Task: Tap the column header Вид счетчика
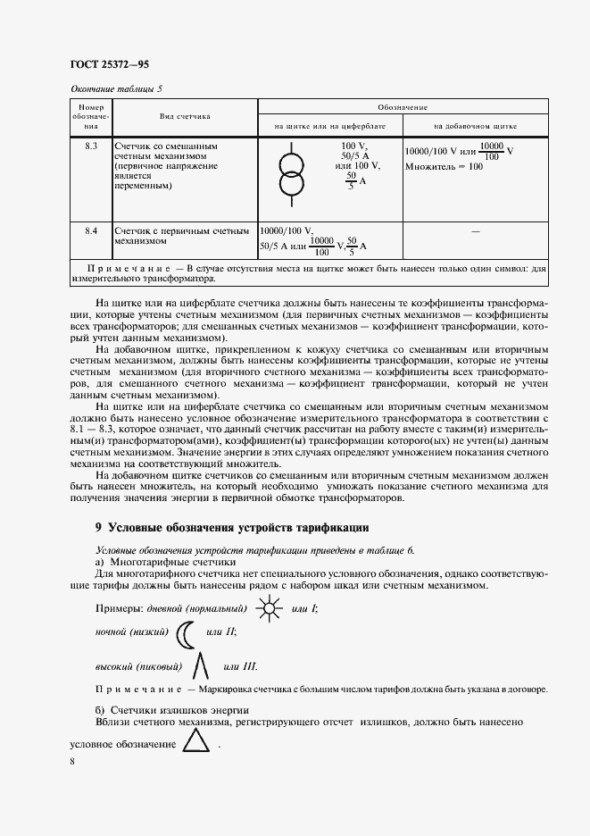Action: coord(184,116)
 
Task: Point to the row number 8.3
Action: coord(90,146)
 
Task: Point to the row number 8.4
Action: coord(90,230)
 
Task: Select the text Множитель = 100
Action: coord(443,166)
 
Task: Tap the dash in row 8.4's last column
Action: coord(475,231)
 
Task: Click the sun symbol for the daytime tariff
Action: coord(267,610)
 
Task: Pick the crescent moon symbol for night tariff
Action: coord(185,635)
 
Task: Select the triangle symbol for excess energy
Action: coord(195,741)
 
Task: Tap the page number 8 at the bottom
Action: coord(72,762)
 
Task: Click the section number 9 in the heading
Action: coord(98,529)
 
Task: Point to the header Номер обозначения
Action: coord(90,116)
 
